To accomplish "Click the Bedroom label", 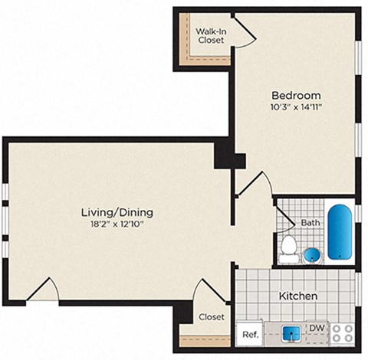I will tap(294, 95).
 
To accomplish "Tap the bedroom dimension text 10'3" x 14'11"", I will tap(294, 107).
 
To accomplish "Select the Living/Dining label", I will tap(117, 212).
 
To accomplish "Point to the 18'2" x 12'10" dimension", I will tap(117, 224).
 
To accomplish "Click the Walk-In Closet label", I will tap(210, 35).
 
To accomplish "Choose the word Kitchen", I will tap(298, 295).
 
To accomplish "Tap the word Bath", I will tap(310, 223).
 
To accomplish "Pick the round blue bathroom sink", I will tap(311, 254).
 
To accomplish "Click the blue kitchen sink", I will tap(291, 333).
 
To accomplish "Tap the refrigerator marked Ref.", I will tap(249, 334).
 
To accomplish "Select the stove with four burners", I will tap(343, 333).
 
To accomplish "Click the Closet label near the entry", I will tap(212, 316).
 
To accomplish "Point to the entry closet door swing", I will tap(207, 292).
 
